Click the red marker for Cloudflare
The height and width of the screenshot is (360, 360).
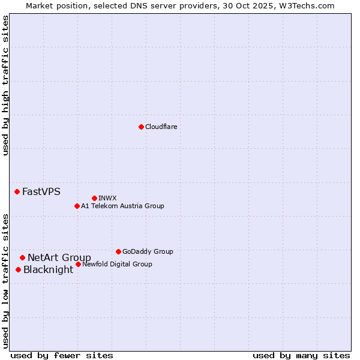click(x=141, y=127)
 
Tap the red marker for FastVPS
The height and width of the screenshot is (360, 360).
click(x=17, y=191)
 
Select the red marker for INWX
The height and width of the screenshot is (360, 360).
click(x=94, y=198)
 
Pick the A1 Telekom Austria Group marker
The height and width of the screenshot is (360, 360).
click(x=77, y=206)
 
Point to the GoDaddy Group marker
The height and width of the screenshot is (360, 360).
click(x=118, y=251)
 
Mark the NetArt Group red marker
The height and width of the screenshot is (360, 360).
click(x=22, y=257)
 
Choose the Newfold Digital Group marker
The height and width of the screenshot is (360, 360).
click(x=78, y=264)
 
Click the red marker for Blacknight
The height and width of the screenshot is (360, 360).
click(x=18, y=269)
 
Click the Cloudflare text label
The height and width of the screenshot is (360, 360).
click(x=161, y=127)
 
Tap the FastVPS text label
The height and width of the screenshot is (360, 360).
click(x=41, y=192)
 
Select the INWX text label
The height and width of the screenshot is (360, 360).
click(x=107, y=198)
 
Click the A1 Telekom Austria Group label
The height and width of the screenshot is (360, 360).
click(x=122, y=206)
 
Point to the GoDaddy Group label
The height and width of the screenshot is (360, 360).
click(x=148, y=251)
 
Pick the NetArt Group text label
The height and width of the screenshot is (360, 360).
click(x=59, y=258)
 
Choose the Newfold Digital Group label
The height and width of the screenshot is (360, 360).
click(x=117, y=264)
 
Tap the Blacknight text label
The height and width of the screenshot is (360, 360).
click(x=48, y=270)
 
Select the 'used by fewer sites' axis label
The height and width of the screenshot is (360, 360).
click(x=62, y=355)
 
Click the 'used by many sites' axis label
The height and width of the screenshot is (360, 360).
click(x=301, y=355)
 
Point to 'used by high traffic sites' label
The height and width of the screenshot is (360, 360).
click(x=5, y=85)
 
